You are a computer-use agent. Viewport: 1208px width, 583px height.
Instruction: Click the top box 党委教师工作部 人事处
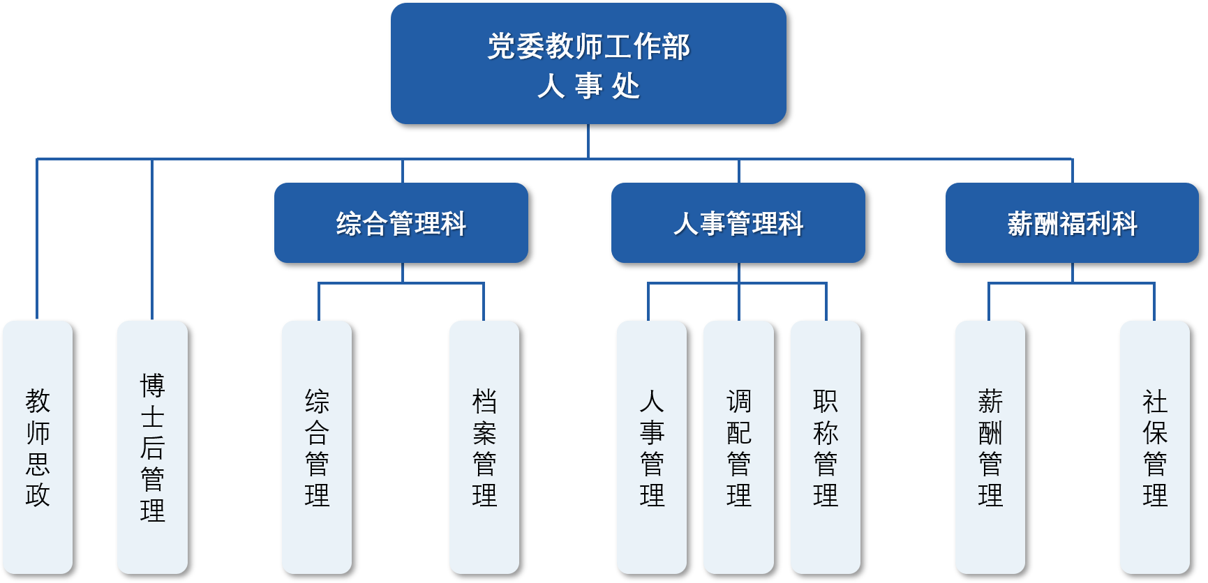coord(588,63)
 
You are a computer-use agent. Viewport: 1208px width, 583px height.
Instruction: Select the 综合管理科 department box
coord(401,223)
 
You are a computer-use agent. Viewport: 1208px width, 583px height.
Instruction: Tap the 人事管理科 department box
coord(738,223)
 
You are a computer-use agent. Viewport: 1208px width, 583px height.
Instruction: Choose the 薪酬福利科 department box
coord(1072,223)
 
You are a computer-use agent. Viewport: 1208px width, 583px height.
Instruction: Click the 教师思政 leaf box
coord(38,447)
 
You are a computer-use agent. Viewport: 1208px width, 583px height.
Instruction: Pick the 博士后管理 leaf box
coord(152,447)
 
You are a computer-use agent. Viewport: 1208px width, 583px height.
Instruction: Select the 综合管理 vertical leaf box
coord(317,447)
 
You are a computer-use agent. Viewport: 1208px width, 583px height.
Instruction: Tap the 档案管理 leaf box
coord(484,447)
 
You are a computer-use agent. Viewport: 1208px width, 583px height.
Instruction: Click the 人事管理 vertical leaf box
coord(652,447)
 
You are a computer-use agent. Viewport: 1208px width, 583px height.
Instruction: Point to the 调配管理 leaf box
coord(738,447)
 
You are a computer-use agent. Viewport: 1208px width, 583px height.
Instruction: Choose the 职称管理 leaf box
coord(826,447)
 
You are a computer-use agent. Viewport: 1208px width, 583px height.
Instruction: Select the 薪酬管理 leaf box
coord(990,447)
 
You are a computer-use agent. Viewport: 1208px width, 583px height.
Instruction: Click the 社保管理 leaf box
coord(1155,447)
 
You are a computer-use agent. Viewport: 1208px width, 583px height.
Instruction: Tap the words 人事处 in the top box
coord(588,86)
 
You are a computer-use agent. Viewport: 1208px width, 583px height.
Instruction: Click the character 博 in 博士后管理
coord(152,386)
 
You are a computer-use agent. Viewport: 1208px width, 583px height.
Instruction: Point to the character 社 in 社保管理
coord(1155,402)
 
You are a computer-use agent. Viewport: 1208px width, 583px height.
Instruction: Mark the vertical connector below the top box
coord(588,141)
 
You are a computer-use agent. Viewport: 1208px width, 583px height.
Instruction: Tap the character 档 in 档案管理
coord(484,402)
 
